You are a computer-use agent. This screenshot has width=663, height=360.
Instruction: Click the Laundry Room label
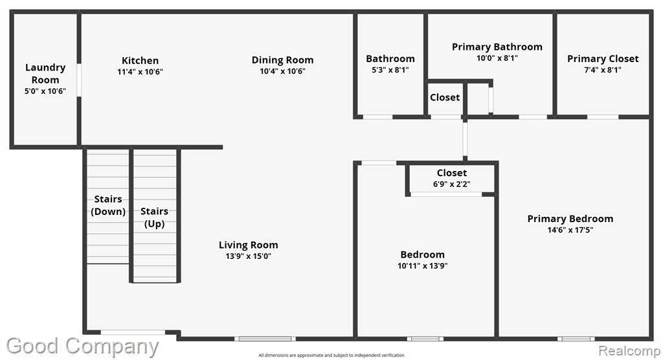45,74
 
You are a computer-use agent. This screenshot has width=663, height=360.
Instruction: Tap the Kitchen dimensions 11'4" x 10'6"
140,72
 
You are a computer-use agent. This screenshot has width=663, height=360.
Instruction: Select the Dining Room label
282,60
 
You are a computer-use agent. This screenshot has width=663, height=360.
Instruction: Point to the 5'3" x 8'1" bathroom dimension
390,70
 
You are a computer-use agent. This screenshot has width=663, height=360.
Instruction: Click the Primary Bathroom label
497,47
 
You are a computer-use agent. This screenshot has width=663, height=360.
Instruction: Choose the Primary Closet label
603,59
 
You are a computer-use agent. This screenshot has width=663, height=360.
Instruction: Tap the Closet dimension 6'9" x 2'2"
451,184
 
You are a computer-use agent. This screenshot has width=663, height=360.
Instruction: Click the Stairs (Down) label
108,205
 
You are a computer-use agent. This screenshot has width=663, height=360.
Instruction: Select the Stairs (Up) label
154,218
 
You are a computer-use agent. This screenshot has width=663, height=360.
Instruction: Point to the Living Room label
248,245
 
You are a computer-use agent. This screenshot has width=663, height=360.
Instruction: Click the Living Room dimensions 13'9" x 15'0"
248,256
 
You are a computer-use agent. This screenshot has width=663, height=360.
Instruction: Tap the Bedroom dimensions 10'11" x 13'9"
422,265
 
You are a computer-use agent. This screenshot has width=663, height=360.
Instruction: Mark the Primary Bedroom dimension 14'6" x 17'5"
570,230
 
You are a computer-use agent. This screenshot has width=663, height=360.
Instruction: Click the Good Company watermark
82,346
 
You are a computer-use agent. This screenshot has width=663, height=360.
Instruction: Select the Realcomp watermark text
629,351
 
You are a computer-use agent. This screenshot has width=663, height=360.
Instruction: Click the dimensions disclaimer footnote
331,355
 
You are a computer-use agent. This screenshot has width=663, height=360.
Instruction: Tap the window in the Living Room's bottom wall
265,339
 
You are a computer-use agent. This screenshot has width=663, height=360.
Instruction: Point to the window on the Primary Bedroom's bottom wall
576,339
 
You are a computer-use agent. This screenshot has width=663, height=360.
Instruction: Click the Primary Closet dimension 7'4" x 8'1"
603,70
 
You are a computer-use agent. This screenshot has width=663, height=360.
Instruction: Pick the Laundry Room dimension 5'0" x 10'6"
45,91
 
